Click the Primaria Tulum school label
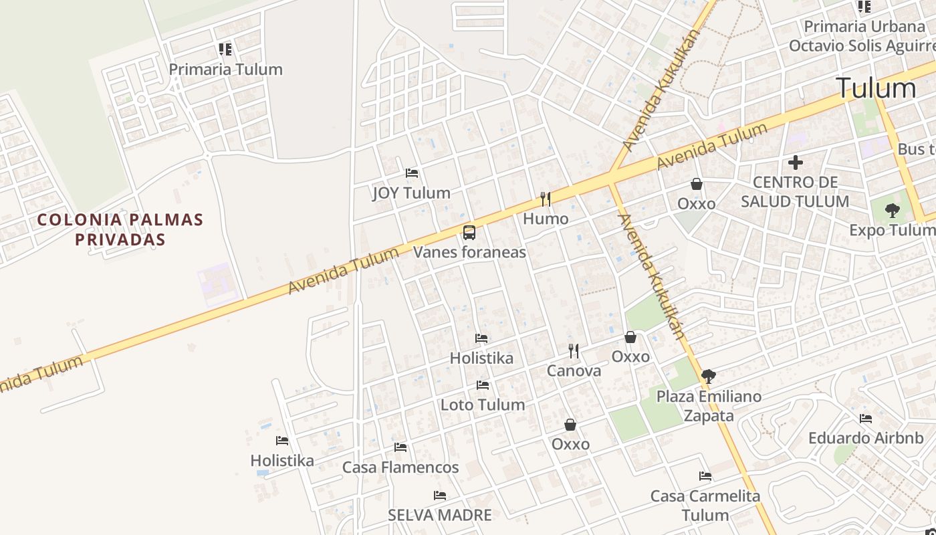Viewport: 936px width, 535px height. pos(225,70)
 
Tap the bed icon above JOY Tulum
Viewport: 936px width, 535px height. pos(412,173)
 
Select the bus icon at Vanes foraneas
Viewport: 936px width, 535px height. pos(469,233)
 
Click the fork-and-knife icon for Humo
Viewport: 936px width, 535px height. pos(546,199)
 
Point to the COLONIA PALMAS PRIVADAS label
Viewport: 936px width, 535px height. pos(120,229)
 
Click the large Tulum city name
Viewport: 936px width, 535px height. pos(875,88)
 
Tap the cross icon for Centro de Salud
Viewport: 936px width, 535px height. pos(796,163)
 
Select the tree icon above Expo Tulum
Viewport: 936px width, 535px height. pos(892,211)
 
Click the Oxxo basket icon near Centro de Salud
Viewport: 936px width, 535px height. pos(696,184)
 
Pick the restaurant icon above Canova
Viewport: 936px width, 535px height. pos(574,350)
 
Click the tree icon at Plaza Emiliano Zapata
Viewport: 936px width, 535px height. pos(709,377)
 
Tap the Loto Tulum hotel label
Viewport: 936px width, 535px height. pos(482,405)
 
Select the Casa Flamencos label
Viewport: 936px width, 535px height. pos(400,467)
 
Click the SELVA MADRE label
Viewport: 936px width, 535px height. pos(440,515)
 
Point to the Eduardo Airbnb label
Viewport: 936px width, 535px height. pos(866,438)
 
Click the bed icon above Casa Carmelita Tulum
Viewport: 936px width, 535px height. pos(705,476)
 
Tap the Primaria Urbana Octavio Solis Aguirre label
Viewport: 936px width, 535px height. pos(862,36)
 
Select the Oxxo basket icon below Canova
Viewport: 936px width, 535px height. pos(570,425)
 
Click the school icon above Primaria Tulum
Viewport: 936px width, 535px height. pos(225,49)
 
